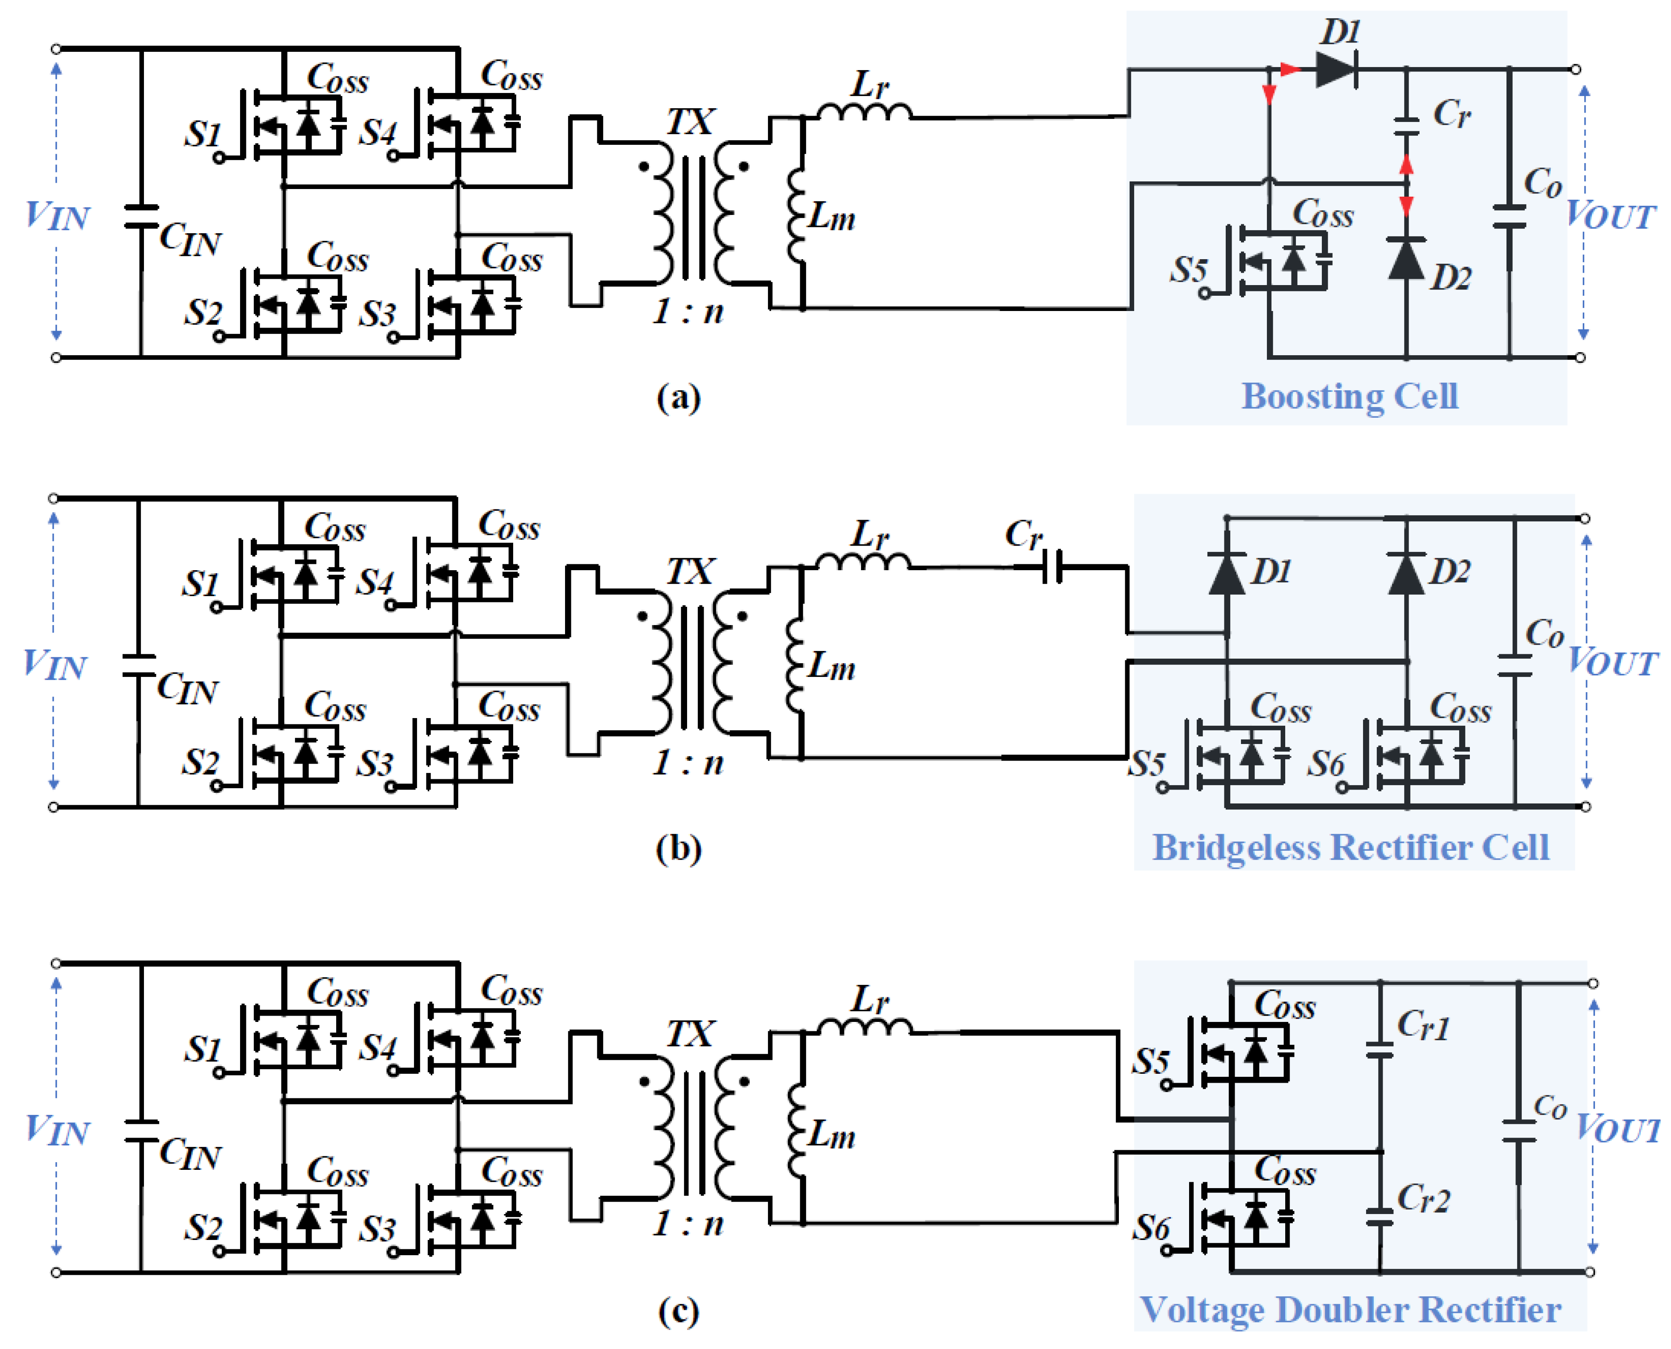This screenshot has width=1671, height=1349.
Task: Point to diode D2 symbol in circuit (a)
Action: (x=1406, y=259)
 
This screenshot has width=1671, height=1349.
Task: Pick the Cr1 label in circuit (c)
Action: (x=1424, y=1026)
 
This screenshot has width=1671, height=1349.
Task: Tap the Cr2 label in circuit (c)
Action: (x=1424, y=1199)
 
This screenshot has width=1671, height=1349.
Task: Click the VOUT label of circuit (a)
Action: (x=1610, y=215)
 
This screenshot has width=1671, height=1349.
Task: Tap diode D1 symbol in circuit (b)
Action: (x=1227, y=573)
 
